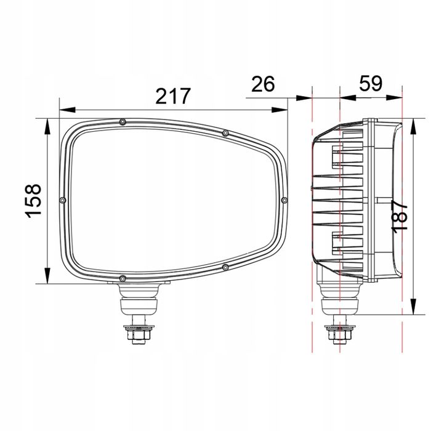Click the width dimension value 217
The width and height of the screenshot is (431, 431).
pyautogui.click(x=173, y=97)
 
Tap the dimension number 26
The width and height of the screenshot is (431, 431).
pyautogui.click(x=263, y=84)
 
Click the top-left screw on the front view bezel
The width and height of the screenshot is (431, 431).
pyautogui.click(x=123, y=122)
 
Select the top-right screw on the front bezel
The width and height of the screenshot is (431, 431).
pyautogui.click(x=225, y=133)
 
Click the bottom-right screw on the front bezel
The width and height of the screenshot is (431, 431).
pyautogui.click(x=225, y=267)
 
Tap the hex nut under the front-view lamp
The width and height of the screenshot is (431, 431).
pyautogui.click(x=137, y=335)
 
